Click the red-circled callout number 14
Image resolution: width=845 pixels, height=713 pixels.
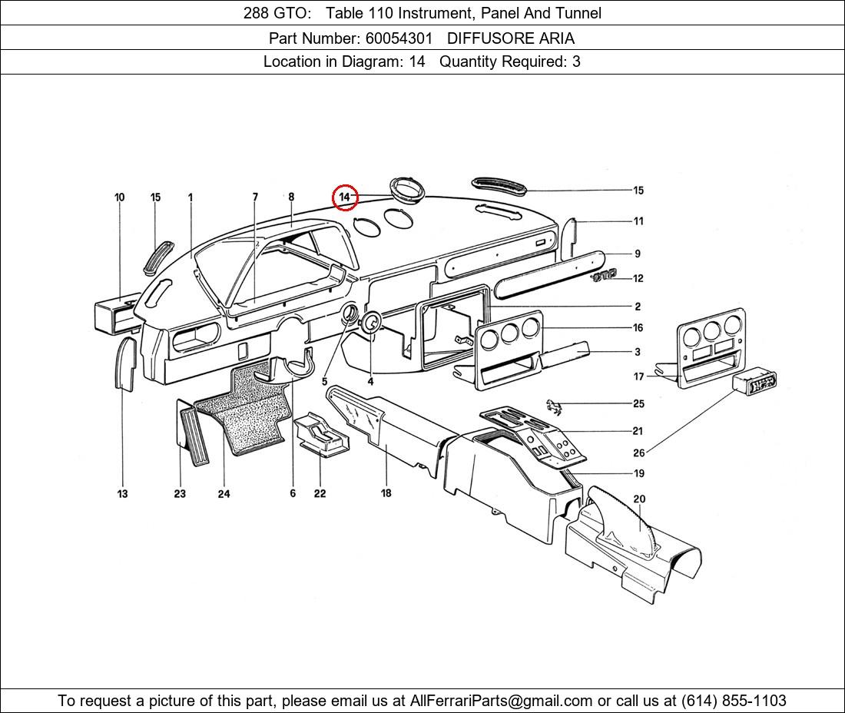[x=345, y=197]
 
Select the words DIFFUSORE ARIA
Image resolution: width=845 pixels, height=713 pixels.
[x=510, y=38]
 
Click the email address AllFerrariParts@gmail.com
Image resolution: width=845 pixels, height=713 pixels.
[x=502, y=700]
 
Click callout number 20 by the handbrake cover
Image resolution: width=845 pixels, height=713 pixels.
[x=639, y=499]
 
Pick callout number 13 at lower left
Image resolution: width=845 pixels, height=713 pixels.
[x=123, y=493]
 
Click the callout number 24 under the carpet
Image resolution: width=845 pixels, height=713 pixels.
[x=224, y=493]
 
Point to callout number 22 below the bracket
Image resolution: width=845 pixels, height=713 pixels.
[x=320, y=493]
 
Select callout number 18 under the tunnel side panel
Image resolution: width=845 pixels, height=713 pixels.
[x=386, y=492]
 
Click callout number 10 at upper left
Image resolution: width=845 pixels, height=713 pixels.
[x=120, y=197]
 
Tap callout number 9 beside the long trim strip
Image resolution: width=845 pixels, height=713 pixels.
[x=637, y=254]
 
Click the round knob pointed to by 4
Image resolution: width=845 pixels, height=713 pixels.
[x=370, y=323]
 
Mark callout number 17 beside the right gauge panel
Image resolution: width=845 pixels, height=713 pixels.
[x=639, y=376]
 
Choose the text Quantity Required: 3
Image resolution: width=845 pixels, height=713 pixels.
[x=510, y=61]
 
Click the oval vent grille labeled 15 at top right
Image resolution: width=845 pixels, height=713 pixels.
[x=499, y=185]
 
